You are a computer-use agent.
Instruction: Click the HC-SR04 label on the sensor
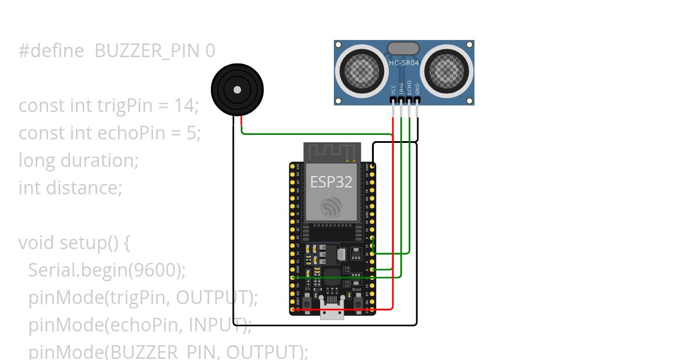(x=404, y=63)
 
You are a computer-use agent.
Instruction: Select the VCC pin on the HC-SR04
(x=393, y=100)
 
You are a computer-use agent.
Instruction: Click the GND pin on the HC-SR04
(x=417, y=100)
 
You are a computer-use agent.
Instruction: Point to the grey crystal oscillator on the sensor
(x=403, y=49)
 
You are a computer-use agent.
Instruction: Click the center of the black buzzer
(x=237, y=89)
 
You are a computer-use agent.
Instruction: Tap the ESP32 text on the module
(x=331, y=182)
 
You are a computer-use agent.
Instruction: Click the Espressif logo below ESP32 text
(x=332, y=207)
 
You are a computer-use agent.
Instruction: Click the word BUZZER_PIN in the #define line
(x=147, y=51)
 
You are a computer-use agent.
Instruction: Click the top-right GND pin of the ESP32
(x=373, y=166)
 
